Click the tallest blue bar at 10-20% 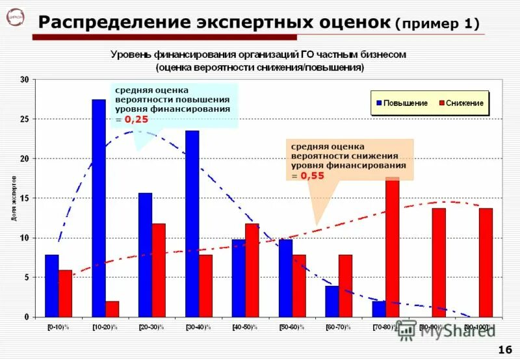pos(99,208)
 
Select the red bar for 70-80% pos(392,247)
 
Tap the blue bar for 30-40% pos(192,224)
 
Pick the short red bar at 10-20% pos(112,309)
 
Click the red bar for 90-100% pos(486,263)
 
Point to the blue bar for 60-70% pos(332,302)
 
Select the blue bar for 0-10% pos(51,286)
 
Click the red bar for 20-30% pos(159,270)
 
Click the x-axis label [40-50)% pos(245,326)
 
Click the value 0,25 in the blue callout pos(136,120)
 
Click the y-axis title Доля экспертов pos(14,198)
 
